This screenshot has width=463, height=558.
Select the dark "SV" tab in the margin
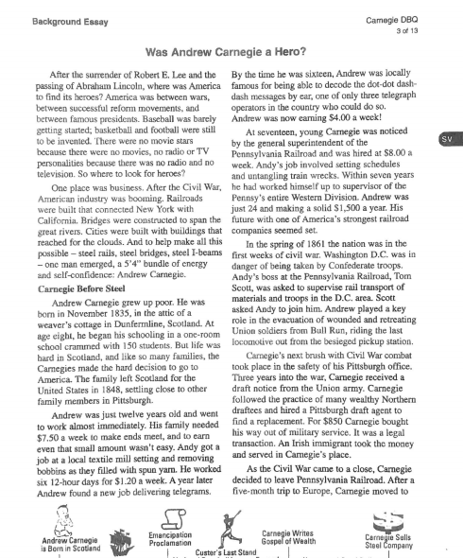[450, 140]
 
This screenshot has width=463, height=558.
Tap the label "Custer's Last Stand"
[219, 551]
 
